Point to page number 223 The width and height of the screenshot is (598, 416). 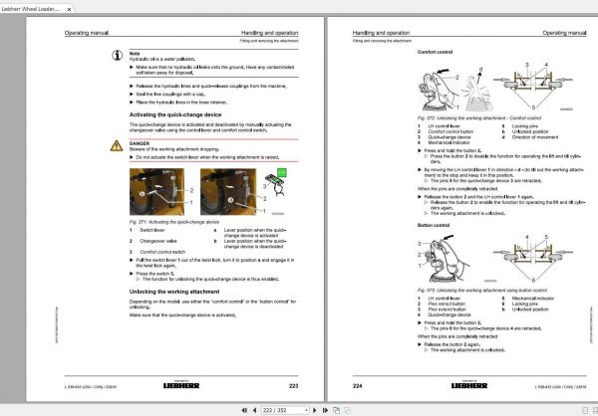click(293, 384)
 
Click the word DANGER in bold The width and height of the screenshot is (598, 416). click(140, 143)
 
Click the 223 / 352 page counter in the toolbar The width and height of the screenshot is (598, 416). click(294, 409)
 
